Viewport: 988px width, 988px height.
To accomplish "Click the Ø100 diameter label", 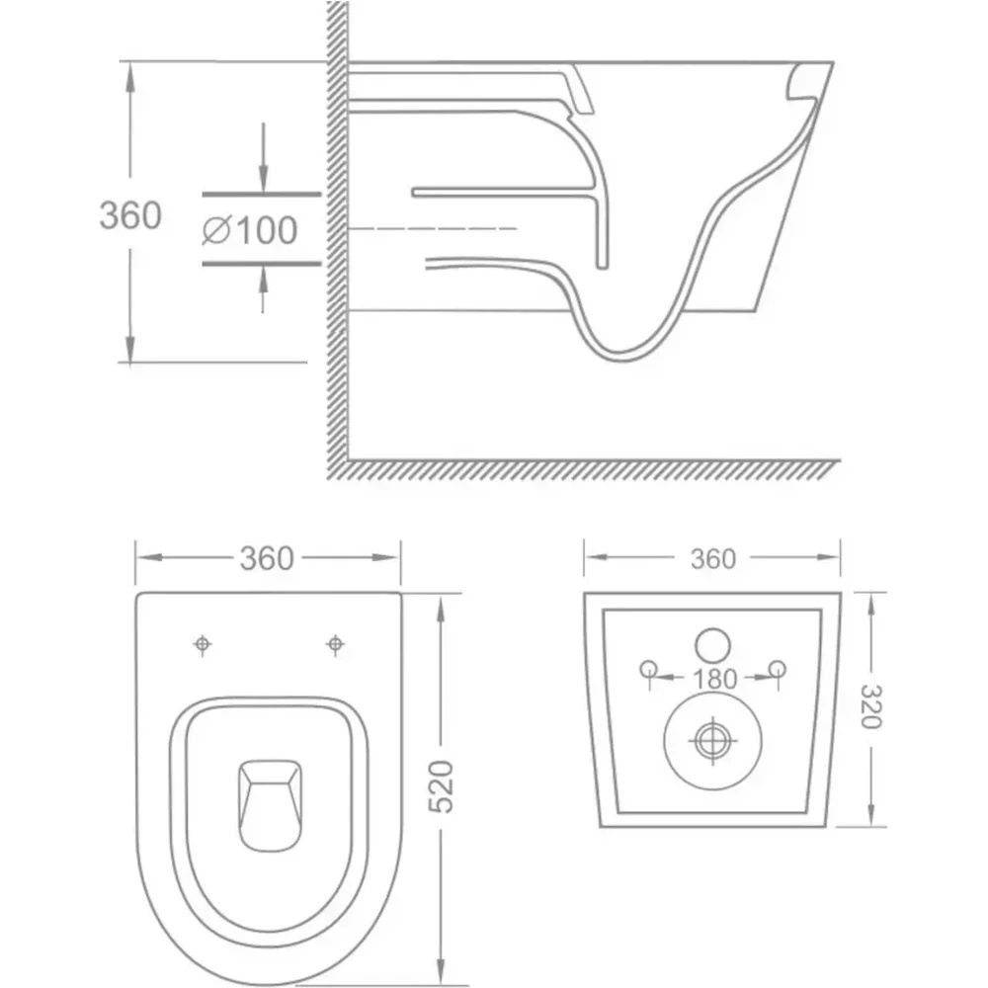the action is [x=250, y=229].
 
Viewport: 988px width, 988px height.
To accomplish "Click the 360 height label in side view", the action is [x=130, y=214].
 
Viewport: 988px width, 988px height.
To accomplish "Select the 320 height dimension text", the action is [x=870, y=705].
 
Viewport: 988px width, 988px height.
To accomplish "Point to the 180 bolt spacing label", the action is [x=714, y=679].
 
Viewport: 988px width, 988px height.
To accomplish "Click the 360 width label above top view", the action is [x=267, y=559].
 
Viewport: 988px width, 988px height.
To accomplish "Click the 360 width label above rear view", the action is [x=712, y=559].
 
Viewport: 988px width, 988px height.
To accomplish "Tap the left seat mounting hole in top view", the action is [x=203, y=644].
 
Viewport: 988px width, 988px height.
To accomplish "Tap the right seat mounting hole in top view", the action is [x=335, y=644].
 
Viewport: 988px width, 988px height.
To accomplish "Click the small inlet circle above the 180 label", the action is [x=712, y=645].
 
